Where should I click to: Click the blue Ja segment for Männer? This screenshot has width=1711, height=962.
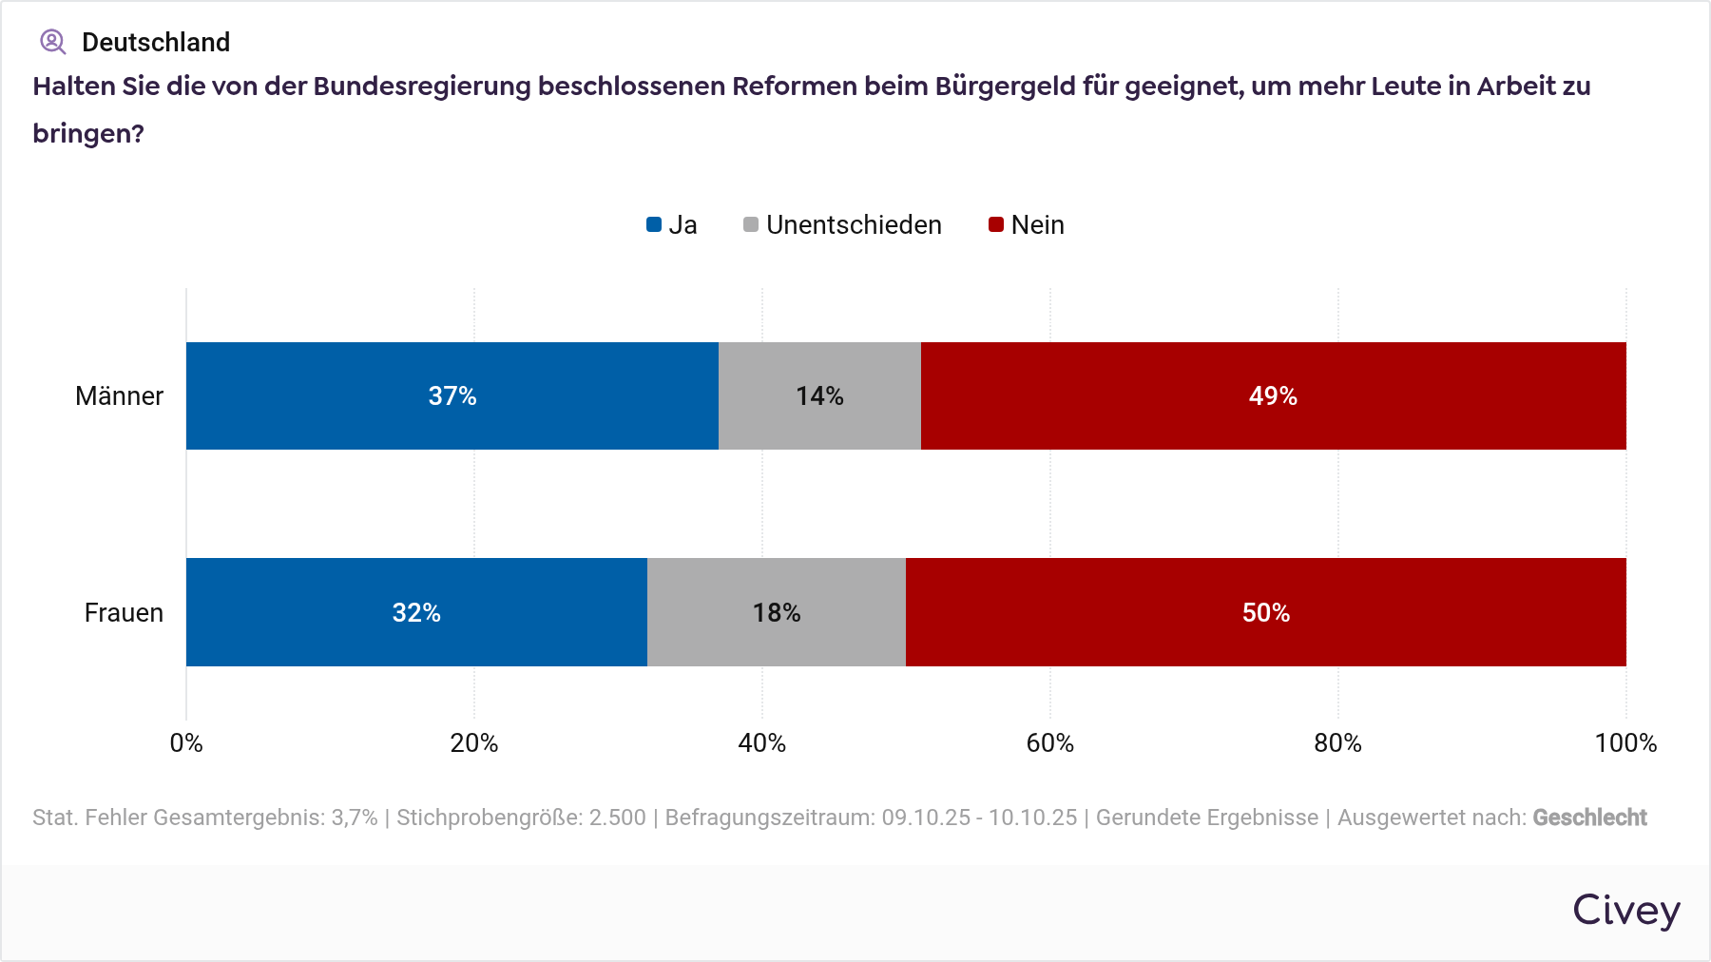452,395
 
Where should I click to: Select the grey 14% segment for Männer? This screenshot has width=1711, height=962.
819,395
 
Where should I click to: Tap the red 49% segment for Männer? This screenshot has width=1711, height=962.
1273,395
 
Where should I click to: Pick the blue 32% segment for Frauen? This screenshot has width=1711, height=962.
416,612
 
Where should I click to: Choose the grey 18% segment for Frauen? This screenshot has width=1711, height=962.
776,612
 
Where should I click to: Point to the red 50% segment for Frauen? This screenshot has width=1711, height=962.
1265,612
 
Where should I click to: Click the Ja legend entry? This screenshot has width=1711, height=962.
672,225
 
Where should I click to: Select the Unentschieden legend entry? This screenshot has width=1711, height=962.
842,225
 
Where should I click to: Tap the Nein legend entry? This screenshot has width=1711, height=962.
1027,225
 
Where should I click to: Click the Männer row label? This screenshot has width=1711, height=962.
119,396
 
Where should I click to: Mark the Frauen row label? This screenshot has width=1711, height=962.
124,613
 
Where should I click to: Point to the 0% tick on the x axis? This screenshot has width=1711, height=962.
186,743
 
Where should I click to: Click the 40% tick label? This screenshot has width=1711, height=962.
761,743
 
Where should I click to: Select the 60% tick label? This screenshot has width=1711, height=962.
1049,743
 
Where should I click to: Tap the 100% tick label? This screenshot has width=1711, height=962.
1625,743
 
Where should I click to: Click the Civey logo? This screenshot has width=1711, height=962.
1625,911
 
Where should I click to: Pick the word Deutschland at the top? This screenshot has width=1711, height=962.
156,43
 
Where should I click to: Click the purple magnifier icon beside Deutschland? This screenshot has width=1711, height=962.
52,42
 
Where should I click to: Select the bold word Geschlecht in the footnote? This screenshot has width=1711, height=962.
1589,818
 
